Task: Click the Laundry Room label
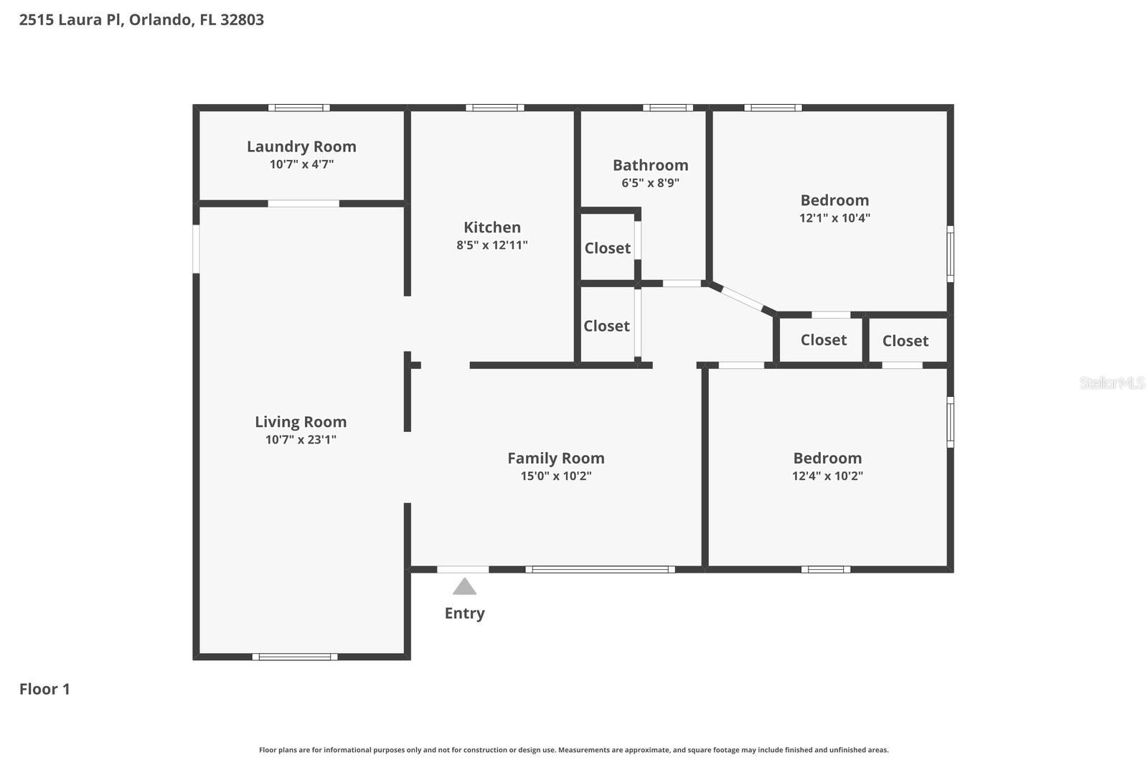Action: [x=301, y=146]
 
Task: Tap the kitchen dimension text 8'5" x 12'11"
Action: [x=492, y=245]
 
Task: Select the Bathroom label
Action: [x=650, y=165]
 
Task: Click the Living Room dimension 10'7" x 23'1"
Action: [x=301, y=439]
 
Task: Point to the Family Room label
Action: [x=555, y=458]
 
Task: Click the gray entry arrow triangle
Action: [x=464, y=587]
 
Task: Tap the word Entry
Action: [x=464, y=613]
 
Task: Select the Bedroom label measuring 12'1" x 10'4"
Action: [x=834, y=200]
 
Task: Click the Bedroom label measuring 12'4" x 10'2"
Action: [x=827, y=458]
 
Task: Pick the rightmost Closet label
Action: [x=905, y=341]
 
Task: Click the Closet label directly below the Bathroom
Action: [x=607, y=248]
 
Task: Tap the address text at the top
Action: [x=141, y=19]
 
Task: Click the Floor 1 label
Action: [x=44, y=689]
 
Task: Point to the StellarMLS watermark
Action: [x=1111, y=383]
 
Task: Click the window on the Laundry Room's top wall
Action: [x=299, y=108]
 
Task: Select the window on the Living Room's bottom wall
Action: [x=294, y=656]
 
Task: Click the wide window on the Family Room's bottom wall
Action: [x=600, y=569]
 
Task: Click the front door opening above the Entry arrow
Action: [x=463, y=569]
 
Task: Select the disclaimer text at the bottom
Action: [x=573, y=750]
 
